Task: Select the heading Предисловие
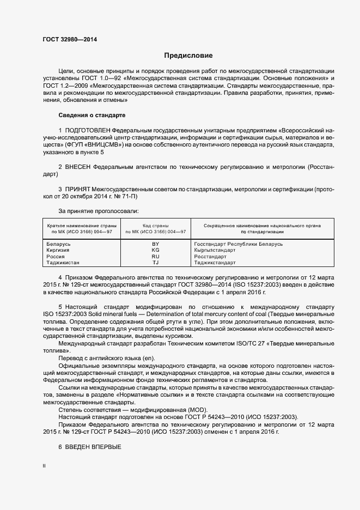[x=188, y=56]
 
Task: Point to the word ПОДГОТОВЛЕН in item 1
[x=87, y=131]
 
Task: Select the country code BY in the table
[x=155, y=244]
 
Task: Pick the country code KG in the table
[x=155, y=250]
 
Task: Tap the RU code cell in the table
[x=155, y=256]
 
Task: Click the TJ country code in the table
[x=155, y=262]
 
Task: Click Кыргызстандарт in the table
[x=215, y=250]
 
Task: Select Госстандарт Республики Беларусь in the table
[x=238, y=244]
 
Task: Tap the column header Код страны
[x=155, y=225]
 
